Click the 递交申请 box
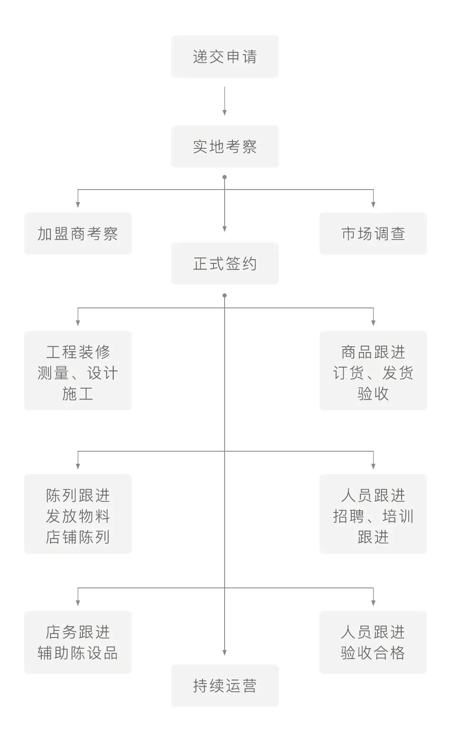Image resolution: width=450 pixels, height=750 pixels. tap(225, 57)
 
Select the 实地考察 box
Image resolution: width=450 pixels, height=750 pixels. tap(225, 147)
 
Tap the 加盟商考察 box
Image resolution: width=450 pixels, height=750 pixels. tap(78, 234)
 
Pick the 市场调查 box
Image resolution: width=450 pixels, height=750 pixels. tap(373, 234)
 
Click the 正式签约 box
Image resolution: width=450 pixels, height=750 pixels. tap(225, 264)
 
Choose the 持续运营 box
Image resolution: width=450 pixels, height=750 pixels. tap(225, 686)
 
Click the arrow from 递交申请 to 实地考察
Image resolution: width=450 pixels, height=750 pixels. tap(225, 101)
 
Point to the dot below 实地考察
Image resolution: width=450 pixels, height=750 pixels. tap(225, 177)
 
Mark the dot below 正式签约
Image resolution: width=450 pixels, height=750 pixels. tap(225, 295)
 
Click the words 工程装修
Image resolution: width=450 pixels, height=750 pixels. tap(78, 352)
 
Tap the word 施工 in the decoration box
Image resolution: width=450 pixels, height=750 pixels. tap(78, 393)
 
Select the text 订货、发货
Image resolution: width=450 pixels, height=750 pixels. tap(373, 373)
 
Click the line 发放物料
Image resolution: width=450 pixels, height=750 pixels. tap(78, 516)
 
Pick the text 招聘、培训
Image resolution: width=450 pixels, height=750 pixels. tap(373, 516)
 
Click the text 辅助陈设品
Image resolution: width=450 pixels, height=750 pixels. tap(78, 653)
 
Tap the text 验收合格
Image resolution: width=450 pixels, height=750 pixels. tap(373, 653)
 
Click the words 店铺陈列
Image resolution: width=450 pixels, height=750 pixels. tap(78, 537)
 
